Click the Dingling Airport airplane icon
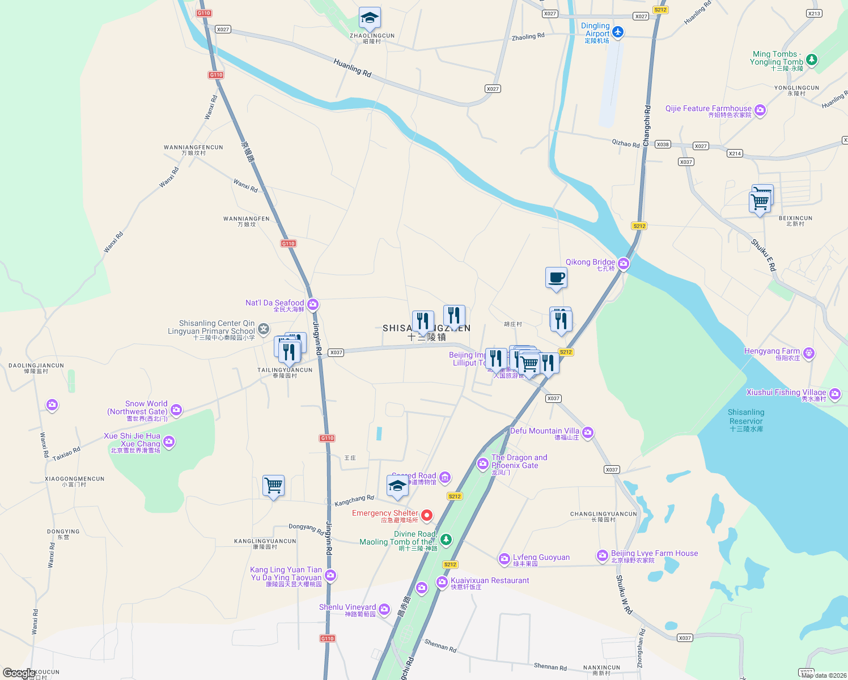tap(618, 32)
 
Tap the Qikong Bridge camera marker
tap(624, 263)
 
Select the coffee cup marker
tap(556, 278)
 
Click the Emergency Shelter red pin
tap(427, 515)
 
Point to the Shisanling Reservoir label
tap(746, 420)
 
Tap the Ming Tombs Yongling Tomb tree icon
tap(812, 59)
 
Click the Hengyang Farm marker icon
tap(809, 353)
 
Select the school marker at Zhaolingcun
tap(370, 19)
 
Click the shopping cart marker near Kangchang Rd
tap(273, 486)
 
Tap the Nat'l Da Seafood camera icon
tap(313, 305)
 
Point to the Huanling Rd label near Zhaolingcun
tap(352, 68)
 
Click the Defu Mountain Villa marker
tap(588, 433)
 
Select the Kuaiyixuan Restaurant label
tap(490, 581)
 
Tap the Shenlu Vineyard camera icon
tap(384, 609)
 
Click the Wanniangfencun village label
tap(193, 150)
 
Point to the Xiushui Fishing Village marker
tap(835, 394)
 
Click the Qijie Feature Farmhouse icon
tap(760, 110)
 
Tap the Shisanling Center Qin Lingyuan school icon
tap(264, 329)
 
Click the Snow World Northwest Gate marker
tap(176, 410)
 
